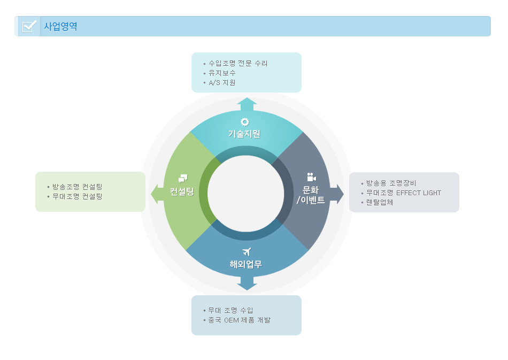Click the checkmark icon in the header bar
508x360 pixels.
click(x=29, y=26)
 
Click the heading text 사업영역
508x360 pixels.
click(x=60, y=27)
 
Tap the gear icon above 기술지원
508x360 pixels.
click(x=245, y=122)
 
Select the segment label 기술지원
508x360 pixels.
click(x=244, y=134)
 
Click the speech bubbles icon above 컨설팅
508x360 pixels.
click(x=183, y=179)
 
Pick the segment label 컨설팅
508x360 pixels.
click(x=182, y=192)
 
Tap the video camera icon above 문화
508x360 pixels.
click(x=311, y=177)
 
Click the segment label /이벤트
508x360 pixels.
click(x=311, y=200)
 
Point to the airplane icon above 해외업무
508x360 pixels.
click(x=247, y=252)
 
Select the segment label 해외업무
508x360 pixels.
click(x=246, y=264)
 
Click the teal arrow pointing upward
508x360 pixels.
click(x=247, y=104)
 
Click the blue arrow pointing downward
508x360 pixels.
click(x=247, y=284)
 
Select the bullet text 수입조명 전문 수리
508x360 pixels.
click(x=238, y=63)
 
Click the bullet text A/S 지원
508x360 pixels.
click(x=222, y=82)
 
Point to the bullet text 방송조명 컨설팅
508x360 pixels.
click(x=78, y=187)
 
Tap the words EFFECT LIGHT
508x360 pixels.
click(x=419, y=193)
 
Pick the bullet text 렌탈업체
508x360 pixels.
click(x=380, y=203)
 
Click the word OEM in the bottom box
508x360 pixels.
click(x=232, y=320)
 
